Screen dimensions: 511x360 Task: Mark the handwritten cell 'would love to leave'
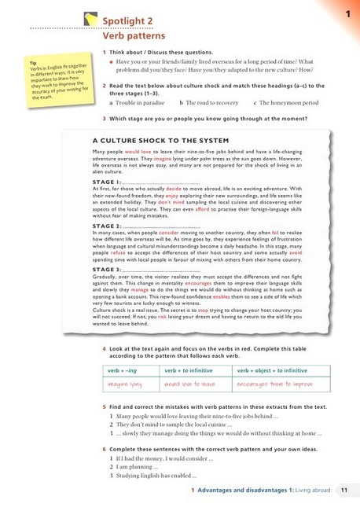(x=190, y=385)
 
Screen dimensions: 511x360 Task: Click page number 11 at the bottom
(x=343, y=491)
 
